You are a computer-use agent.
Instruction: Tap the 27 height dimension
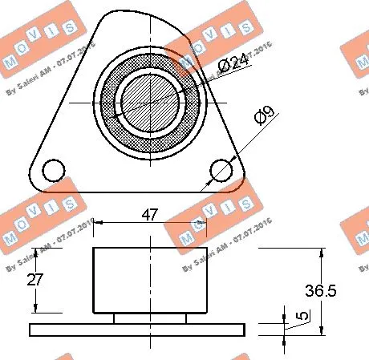tap(33, 280)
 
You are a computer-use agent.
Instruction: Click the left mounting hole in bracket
tap(54, 170)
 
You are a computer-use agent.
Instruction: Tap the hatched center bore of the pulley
tap(149, 103)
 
